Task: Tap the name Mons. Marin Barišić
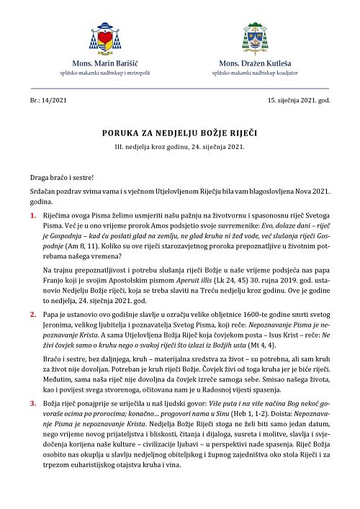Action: tap(104, 64)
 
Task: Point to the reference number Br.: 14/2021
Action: tap(44, 100)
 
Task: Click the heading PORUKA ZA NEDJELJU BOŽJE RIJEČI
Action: tap(179, 134)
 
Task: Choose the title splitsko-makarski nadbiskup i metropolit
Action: tap(104, 73)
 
